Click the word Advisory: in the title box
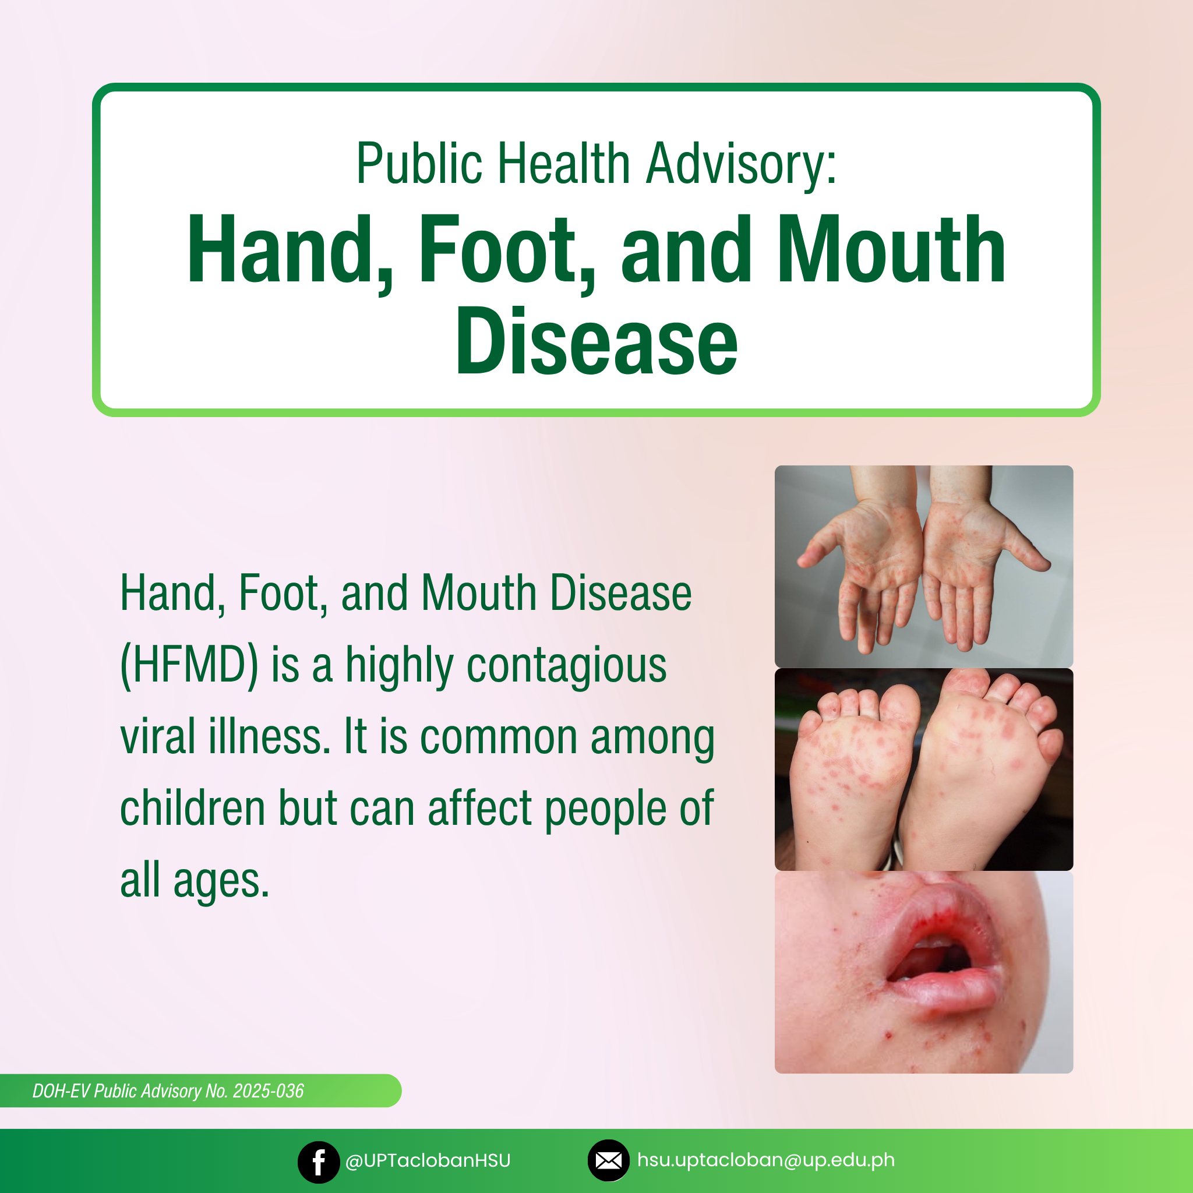tap(741, 164)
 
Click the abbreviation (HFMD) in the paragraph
tap(189, 666)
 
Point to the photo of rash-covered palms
tap(924, 566)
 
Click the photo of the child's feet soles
tap(924, 770)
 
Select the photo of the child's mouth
tap(924, 973)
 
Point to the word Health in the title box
tap(564, 163)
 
